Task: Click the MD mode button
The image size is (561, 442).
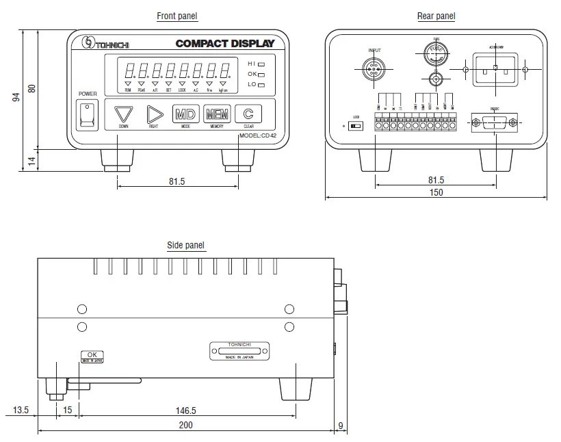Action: [x=185, y=114]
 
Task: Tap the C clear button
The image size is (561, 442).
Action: [x=248, y=114]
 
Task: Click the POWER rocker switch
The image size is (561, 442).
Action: [x=87, y=114]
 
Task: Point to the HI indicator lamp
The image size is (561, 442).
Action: [x=261, y=64]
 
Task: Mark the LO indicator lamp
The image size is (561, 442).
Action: [x=261, y=84]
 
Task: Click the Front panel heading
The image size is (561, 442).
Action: [x=177, y=16]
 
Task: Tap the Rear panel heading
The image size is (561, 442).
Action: [x=436, y=16]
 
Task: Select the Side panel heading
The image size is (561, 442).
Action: [x=185, y=245]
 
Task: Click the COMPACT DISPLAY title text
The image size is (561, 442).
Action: [x=224, y=44]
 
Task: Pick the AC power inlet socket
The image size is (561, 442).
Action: [x=495, y=69]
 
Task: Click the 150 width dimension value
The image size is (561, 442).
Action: [x=436, y=192]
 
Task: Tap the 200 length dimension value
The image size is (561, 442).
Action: [x=185, y=425]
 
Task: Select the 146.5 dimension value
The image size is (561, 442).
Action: [x=185, y=411]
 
